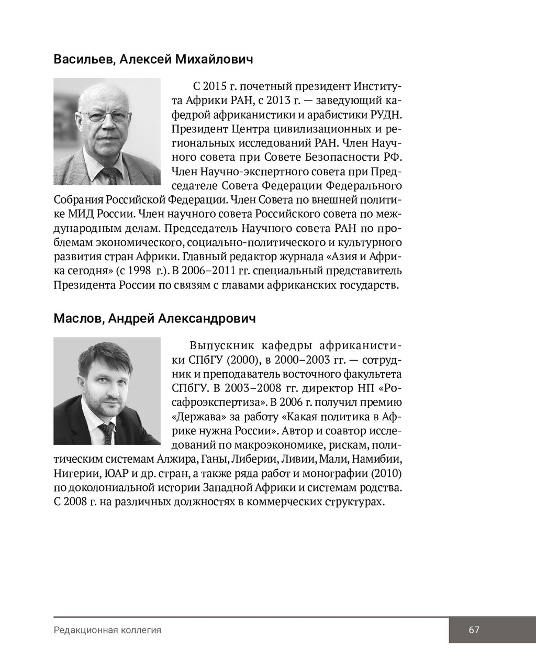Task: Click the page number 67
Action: pos(474,630)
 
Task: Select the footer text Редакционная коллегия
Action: pos(107,630)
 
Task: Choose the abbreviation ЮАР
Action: pos(116,474)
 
